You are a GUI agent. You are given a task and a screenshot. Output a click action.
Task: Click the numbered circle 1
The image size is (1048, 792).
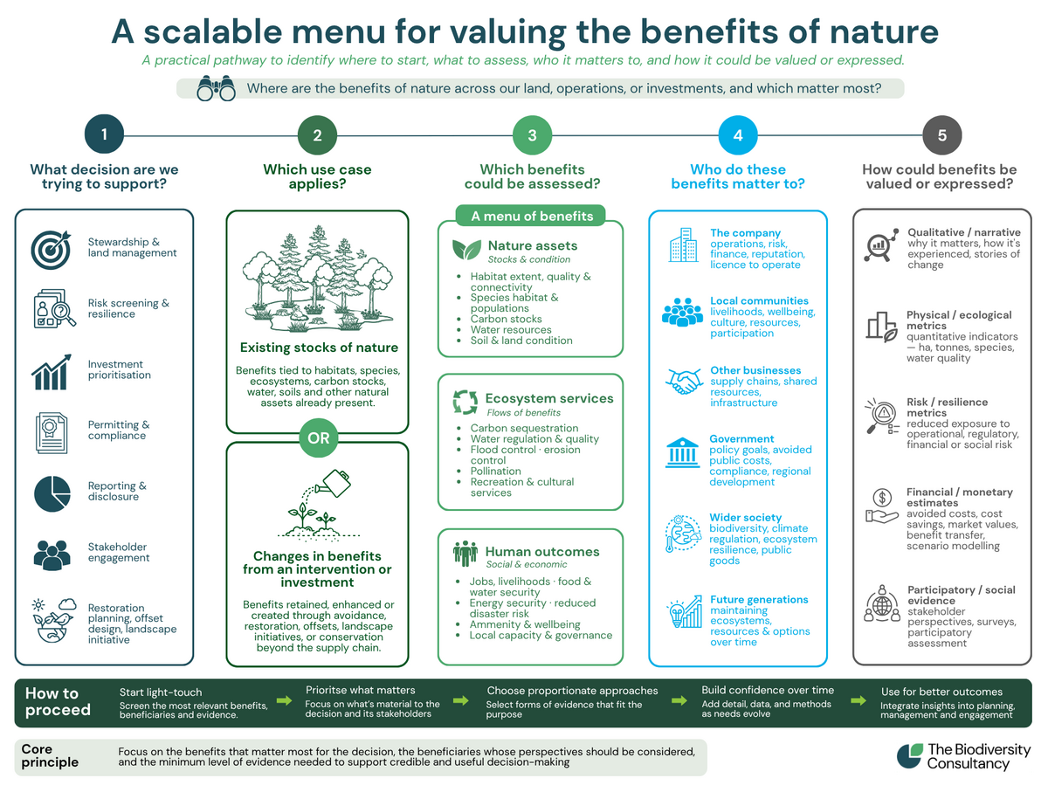click(104, 134)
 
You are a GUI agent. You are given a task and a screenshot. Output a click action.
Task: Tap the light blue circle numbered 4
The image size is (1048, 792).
click(738, 135)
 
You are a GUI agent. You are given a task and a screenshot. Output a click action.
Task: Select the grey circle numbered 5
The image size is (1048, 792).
click(941, 135)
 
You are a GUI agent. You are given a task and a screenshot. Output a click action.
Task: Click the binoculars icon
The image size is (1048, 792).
click(217, 88)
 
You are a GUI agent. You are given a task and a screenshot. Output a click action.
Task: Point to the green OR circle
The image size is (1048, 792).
click(319, 437)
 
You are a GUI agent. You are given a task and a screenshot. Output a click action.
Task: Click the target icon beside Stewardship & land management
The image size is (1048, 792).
click(51, 250)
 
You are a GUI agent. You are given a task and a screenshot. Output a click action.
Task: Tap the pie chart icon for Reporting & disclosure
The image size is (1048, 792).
click(52, 493)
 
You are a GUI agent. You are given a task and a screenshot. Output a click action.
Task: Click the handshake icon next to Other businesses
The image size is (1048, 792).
click(683, 382)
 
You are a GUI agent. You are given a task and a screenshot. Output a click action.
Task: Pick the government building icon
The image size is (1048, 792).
click(682, 452)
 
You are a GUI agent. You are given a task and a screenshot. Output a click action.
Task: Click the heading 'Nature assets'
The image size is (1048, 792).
click(533, 245)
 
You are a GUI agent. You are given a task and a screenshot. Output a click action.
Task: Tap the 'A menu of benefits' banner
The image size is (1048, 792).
click(530, 216)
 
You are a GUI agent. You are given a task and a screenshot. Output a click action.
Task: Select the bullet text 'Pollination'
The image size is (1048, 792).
click(495, 471)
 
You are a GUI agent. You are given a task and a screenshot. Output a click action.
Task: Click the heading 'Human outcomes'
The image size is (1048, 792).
click(542, 551)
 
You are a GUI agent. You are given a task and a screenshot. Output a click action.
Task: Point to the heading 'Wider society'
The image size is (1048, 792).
click(745, 517)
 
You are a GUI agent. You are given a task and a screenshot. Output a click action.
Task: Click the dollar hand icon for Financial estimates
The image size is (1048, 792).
click(881, 506)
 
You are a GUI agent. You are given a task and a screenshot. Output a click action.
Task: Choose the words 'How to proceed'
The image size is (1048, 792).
click(58, 701)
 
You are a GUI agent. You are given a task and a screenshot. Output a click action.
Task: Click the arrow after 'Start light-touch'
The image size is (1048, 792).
click(284, 700)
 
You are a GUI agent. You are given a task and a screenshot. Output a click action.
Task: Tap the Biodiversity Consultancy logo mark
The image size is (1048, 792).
click(909, 756)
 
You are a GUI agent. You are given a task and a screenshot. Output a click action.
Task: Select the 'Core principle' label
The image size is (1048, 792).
click(50, 755)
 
